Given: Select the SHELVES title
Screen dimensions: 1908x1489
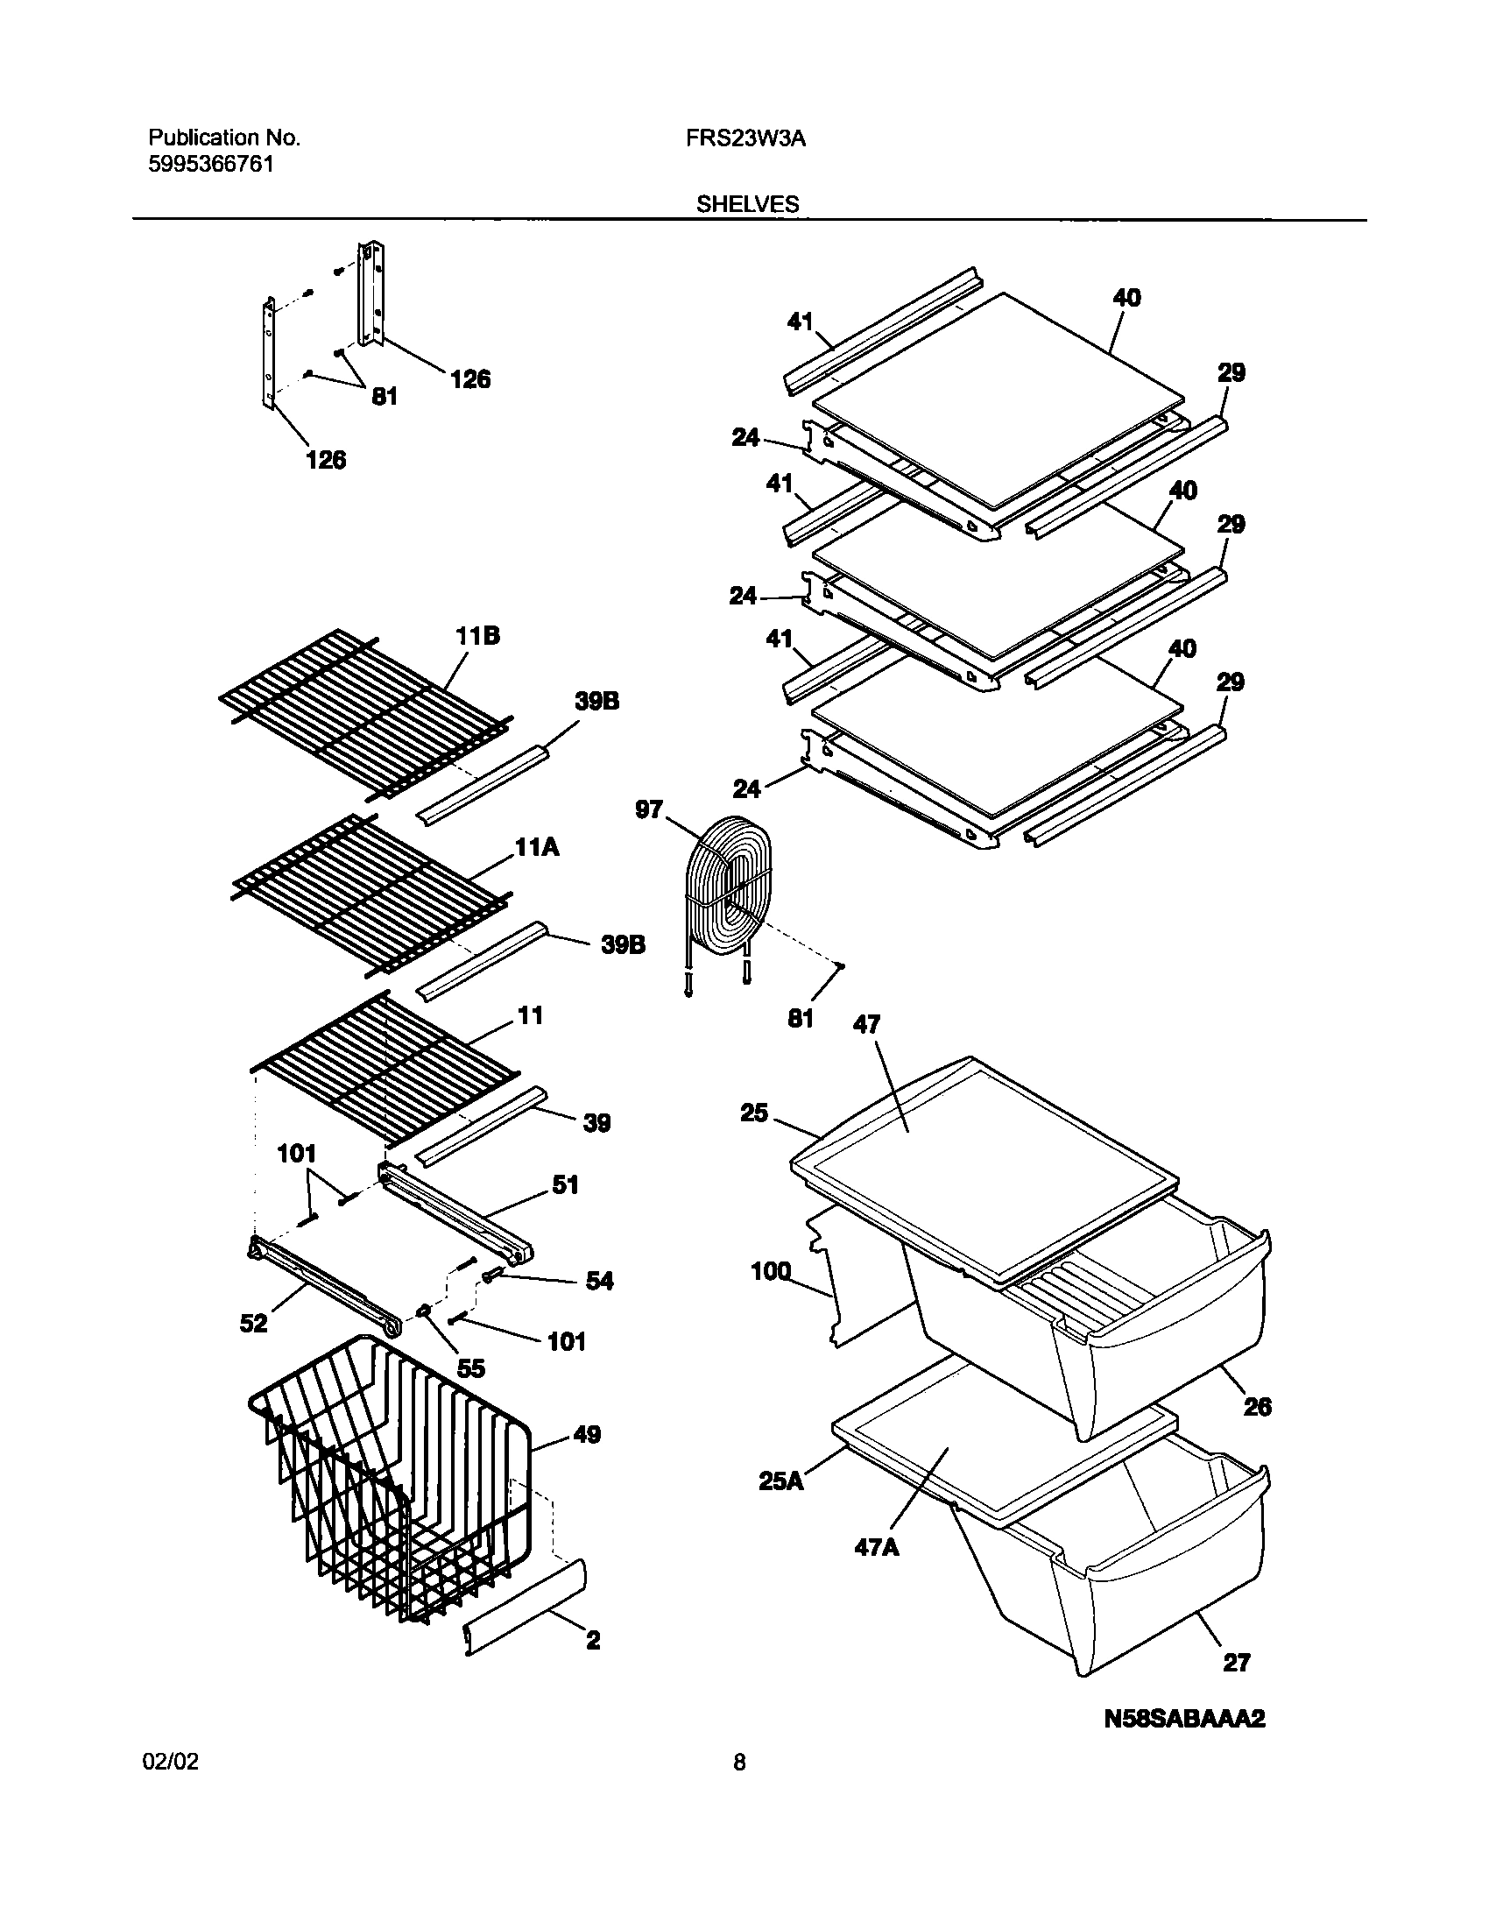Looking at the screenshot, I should pos(747,204).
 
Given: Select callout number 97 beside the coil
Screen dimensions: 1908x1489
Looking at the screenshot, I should pos(649,810).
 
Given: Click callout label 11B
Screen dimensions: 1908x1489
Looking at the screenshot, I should pos(477,637).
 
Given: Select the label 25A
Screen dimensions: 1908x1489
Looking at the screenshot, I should pos(780,1481).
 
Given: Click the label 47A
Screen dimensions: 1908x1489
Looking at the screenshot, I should pos(877,1547).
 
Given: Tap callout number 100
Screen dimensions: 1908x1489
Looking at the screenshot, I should pos(771,1271).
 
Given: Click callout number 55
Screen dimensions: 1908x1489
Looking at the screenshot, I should pos(470,1368).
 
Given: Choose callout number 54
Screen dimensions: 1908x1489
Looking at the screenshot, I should pos(599,1282).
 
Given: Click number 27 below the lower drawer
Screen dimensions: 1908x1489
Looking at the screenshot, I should pos(1236,1662).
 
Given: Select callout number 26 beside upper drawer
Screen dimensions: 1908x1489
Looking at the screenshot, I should pos(1257,1407).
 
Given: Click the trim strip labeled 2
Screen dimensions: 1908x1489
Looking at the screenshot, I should pos(526,1605).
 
